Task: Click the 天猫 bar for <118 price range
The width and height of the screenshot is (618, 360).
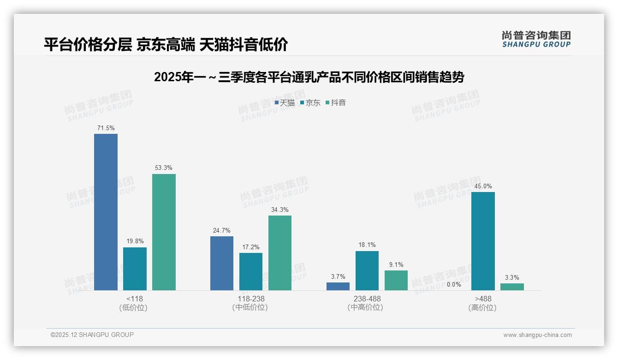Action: (106, 212)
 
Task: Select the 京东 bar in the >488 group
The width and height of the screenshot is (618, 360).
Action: (483, 241)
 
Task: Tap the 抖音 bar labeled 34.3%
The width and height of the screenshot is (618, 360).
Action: (280, 253)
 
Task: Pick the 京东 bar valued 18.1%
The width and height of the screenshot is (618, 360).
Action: (367, 270)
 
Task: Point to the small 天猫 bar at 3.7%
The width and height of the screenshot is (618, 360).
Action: (338, 286)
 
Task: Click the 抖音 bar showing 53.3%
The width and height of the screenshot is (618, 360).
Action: (164, 232)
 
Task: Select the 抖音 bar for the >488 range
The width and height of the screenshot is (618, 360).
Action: (512, 287)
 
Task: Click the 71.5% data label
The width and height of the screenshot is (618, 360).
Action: (106, 128)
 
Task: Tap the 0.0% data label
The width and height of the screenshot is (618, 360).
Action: (454, 284)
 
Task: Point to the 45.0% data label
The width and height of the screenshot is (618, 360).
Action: (483, 186)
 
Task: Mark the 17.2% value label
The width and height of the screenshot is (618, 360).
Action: (251, 247)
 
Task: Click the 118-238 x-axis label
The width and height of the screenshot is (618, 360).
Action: (251, 299)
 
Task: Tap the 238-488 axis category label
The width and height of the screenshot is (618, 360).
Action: (367, 299)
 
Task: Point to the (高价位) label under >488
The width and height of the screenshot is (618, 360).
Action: (483, 307)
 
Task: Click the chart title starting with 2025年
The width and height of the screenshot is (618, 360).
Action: (309, 77)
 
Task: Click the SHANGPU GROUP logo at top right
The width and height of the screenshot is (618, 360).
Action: (536, 39)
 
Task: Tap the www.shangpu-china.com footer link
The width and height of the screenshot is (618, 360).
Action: (537, 335)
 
